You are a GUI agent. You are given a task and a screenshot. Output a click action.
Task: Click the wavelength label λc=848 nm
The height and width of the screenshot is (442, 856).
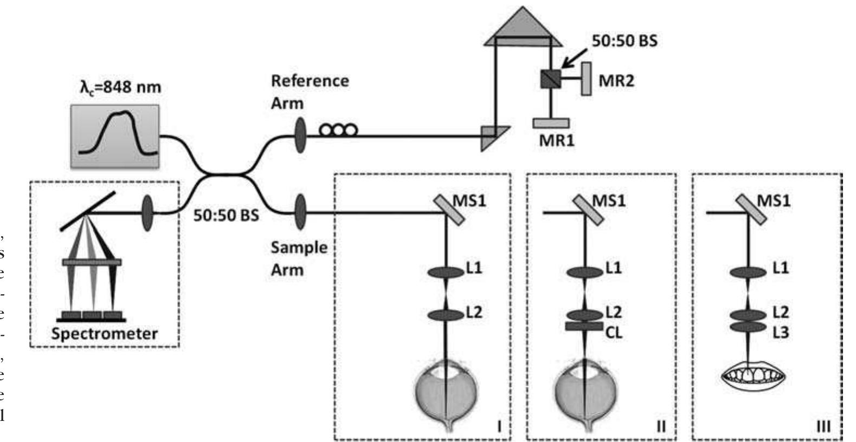tap(120, 87)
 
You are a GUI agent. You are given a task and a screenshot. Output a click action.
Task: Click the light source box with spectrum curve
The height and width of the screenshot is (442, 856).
tap(115, 135)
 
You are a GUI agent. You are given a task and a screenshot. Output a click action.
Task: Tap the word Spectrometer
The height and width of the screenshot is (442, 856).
tap(104, 333)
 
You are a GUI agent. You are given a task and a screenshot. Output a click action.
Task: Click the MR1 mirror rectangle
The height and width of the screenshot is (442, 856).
tap(551, 123)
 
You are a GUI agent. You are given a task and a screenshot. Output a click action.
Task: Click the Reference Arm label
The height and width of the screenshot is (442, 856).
tap(310, 92)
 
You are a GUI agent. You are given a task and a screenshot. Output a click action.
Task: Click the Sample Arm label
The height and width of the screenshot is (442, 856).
tap(299, 258)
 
